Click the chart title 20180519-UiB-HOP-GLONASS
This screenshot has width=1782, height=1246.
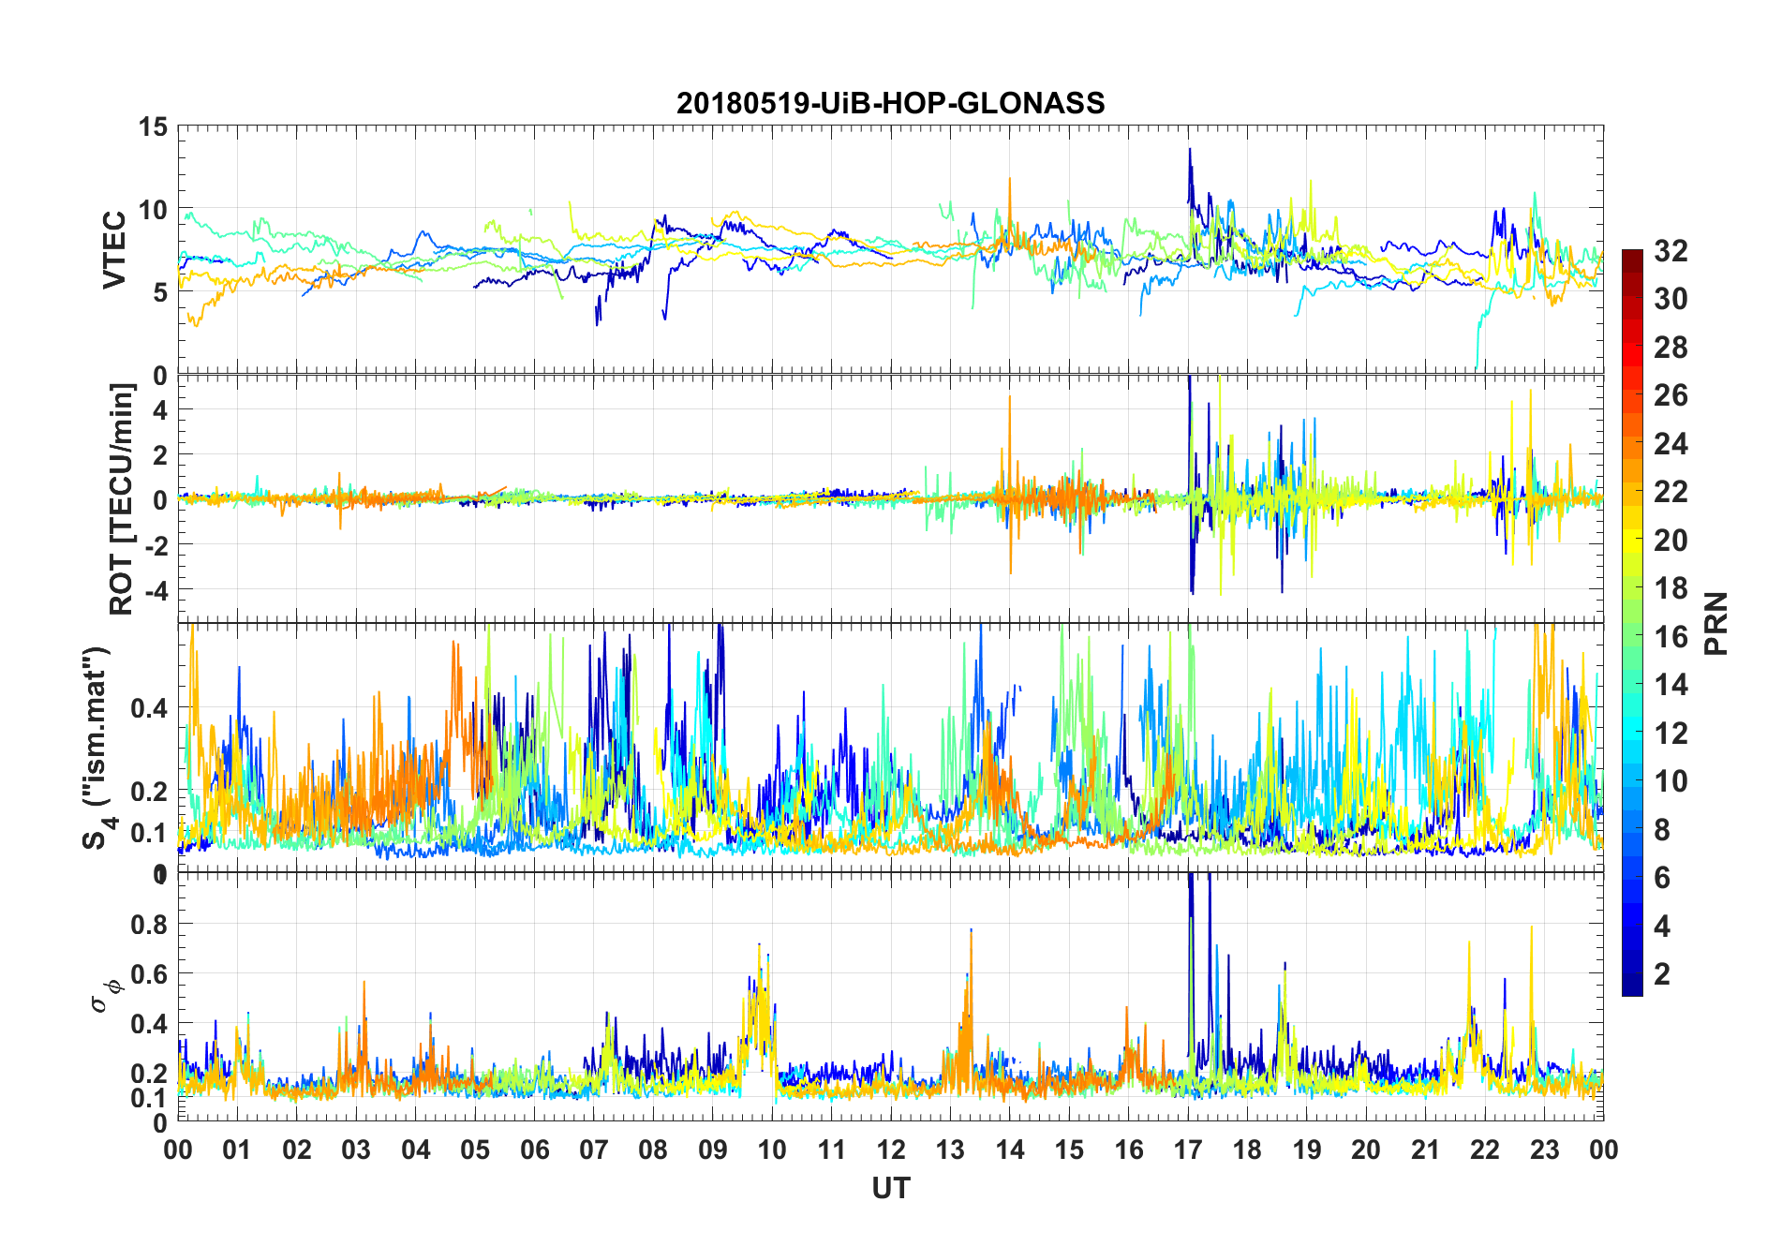(x=890, y=102)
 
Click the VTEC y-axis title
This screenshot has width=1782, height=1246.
(x=114, y=249)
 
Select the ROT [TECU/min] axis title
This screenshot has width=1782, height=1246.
(x=122, y=498)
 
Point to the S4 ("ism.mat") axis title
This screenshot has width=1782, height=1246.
(x=97, y=748)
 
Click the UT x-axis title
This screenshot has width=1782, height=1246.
(x=890, y=1188)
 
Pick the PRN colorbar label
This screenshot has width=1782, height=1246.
(x=1715, y=623)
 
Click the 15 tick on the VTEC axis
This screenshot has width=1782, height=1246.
(x=153, y=126)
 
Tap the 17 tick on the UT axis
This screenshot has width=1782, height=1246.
(x=1188, y=1150)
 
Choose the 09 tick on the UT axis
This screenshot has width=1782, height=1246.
(x=713, y=1150)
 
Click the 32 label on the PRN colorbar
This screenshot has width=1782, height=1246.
(x=1671, y=250)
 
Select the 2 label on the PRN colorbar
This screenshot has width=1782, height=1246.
(x=1662, y=973)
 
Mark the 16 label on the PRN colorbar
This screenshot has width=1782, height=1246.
(x=1671, y=636)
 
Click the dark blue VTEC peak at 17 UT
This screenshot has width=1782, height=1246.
(x=1190, y=150)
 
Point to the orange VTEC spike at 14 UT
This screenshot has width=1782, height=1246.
(x=1010, y=180)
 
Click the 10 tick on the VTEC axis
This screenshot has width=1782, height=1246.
(x=153, y=209)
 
